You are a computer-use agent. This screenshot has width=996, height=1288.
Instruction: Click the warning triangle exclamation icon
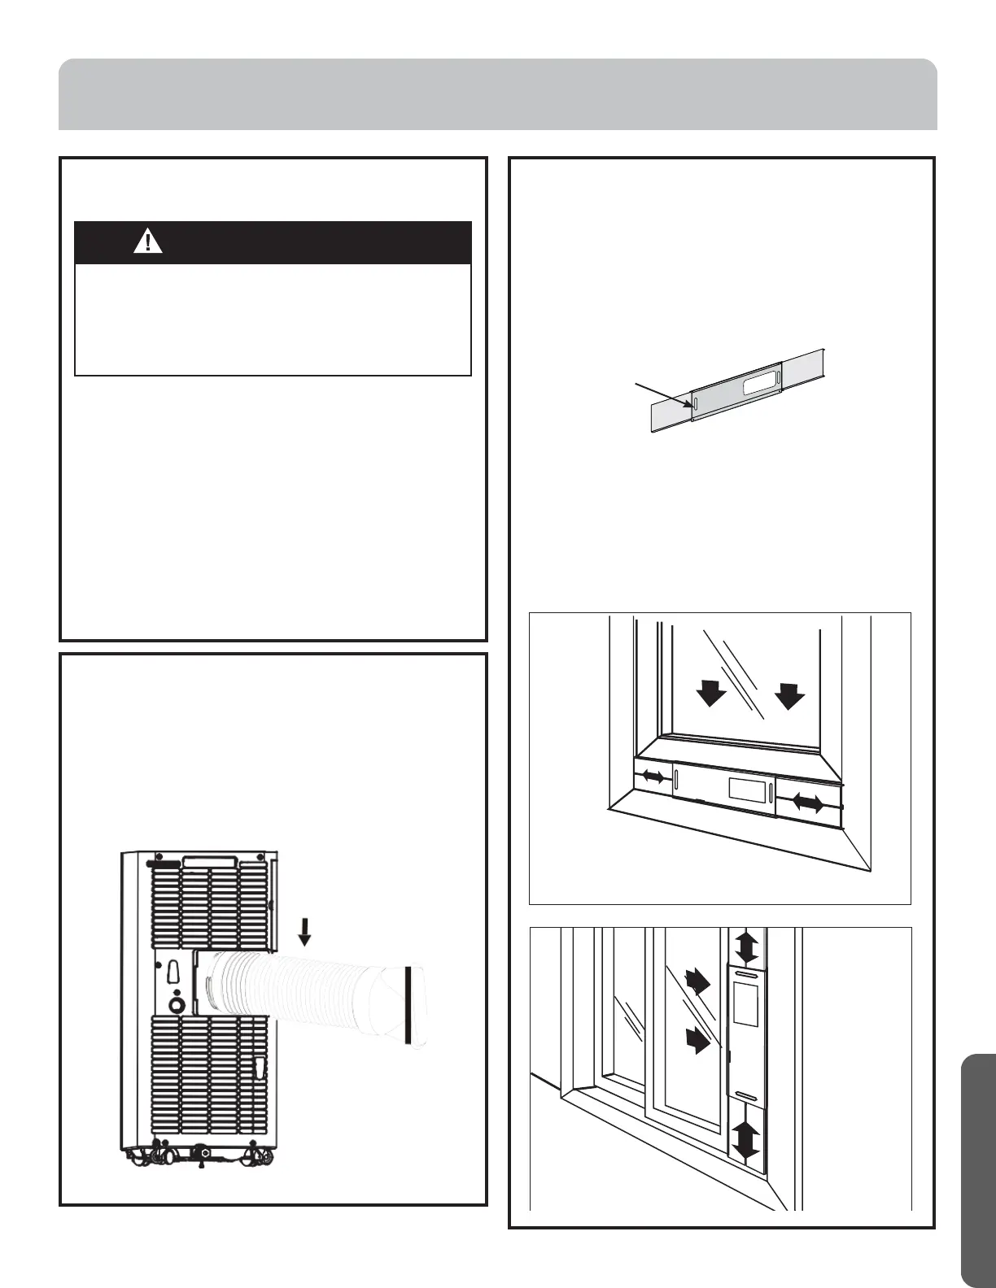148,241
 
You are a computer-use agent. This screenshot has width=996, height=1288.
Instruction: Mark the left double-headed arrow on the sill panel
653,777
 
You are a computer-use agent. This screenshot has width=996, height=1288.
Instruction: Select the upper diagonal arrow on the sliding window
698,981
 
